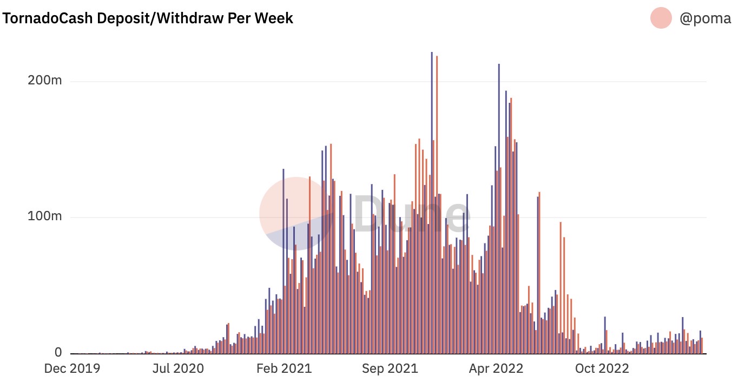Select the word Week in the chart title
[274, 18]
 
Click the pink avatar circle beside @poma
[661, 18]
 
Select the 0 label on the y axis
[58, 353]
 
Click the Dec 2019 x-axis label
[72, 368]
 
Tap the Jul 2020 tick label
[178, 368]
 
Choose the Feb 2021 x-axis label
[285, 368]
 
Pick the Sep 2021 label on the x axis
[390, 368]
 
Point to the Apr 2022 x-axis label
[496, 368]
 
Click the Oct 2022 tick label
[602, 368]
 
